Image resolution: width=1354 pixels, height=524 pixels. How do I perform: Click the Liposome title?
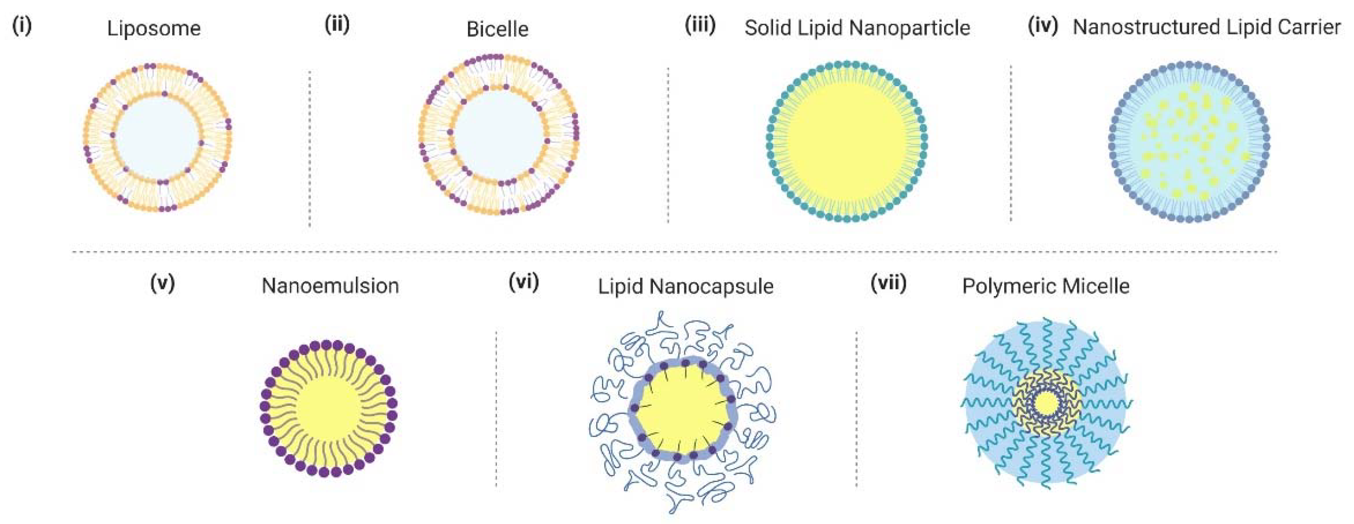pos(153,28)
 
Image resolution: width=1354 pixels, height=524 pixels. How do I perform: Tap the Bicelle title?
pos(497,29)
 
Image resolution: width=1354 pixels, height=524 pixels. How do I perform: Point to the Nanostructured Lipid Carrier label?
pos(1206,27)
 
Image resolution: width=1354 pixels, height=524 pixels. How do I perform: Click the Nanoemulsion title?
pos(330,286)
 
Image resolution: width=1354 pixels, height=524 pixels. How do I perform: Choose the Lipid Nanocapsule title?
pos(685,286)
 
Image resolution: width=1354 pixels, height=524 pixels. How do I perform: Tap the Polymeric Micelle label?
pos(1046,286)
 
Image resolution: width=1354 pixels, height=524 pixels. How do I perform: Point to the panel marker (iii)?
pos(700,25)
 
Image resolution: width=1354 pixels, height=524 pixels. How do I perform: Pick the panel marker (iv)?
pos(1043,26)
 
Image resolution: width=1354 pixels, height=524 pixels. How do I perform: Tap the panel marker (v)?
pos(162,283)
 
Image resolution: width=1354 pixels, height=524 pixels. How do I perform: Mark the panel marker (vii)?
pos(888,283)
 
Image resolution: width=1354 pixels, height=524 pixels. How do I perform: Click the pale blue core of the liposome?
pos(157,138)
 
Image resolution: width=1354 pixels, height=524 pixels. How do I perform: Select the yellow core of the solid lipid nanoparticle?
pos(846,141)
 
